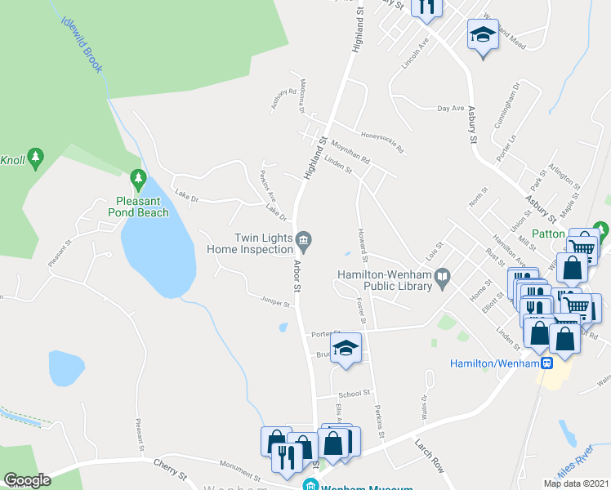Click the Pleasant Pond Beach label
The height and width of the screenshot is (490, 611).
138,207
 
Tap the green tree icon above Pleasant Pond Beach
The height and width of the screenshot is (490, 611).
138,177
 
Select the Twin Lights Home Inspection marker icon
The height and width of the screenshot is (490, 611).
303,238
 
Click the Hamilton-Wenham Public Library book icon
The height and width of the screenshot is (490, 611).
443,278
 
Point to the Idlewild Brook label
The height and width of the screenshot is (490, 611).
82,42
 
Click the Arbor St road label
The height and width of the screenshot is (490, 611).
297,277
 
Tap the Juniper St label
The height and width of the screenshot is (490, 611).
276,302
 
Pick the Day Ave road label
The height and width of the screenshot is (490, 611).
450,108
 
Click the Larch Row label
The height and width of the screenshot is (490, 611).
428,456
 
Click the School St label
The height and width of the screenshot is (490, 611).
355,394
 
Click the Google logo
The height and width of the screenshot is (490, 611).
27,479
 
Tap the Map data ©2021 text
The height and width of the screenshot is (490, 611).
575,483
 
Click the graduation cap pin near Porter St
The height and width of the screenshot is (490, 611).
346,348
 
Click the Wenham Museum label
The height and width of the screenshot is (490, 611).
365,488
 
